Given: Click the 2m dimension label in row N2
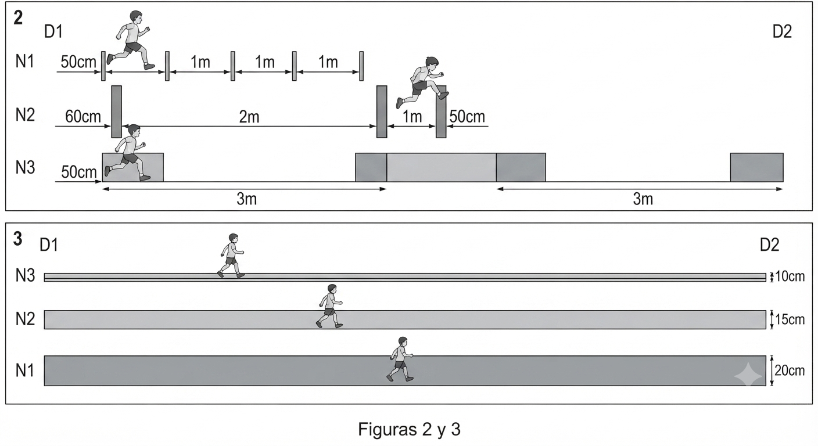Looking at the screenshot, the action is tap(249, 117).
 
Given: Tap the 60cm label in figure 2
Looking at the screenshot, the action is tap(83, 117).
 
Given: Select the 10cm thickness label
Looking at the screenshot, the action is tap(790, 276).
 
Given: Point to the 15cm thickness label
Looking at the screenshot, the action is tap(790, 320).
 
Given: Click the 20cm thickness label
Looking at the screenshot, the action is tap(790, 371).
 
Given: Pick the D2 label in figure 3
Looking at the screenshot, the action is tap(769, 245).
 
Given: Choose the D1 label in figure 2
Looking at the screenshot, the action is tap(53, 32).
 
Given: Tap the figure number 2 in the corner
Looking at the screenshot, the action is tap(18, 17).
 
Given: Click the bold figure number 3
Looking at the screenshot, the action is tap(17, 239).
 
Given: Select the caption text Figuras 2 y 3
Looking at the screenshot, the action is tap(409, 430).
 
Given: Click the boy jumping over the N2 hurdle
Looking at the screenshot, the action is tap(423, 82).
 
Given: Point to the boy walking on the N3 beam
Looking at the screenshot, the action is tap(231, 256).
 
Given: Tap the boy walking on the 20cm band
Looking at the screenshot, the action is tap(400, 359).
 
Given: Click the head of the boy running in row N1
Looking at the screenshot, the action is tap(136, 17).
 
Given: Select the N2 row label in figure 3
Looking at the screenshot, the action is tap(25, 319).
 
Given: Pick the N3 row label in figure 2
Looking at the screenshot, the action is tap(25, 167).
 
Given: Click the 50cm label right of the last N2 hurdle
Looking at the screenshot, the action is tap(467, 117).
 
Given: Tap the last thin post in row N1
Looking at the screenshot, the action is tap(361, 66).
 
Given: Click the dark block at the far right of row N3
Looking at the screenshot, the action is tap(756, 167).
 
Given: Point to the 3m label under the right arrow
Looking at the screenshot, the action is tap(643, 199).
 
